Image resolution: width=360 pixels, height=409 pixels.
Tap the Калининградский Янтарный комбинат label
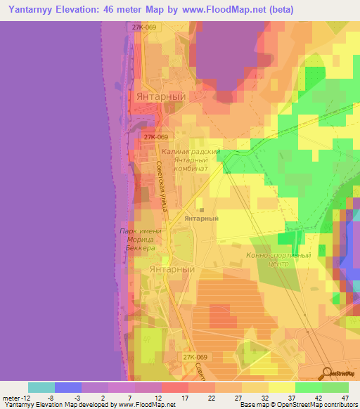tap(191, 160)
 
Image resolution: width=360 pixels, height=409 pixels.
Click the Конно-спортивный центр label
tap(278, 259)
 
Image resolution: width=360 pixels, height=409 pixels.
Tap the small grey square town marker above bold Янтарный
tap(201, 209)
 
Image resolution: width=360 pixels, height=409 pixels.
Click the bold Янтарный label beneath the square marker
tap(201, 219)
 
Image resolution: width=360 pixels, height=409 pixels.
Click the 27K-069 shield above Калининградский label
tap(155, 138)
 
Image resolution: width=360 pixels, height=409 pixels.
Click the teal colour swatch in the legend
tap(41, 387)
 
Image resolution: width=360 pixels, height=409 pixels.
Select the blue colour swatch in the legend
tap(68, 387)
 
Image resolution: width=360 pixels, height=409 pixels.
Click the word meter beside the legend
tap(11, 398)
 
